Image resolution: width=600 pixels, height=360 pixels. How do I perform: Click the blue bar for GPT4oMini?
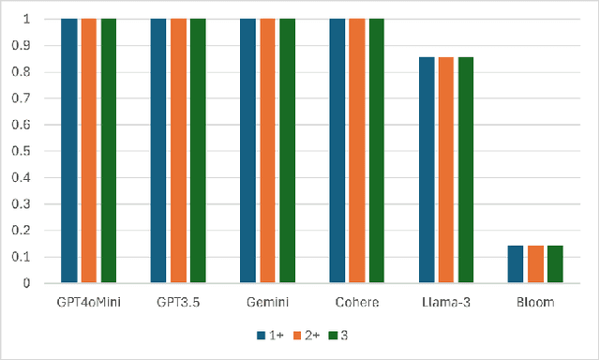coord(68,150)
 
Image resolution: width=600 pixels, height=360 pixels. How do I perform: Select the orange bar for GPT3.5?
coord(178,150)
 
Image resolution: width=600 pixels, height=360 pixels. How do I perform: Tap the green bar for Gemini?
coord(287,150)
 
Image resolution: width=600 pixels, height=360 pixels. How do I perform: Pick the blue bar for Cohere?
coord(337,150)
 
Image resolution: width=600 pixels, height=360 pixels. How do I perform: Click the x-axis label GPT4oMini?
coord(89,302)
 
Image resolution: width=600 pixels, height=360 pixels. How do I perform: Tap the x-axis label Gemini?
coord(267,302)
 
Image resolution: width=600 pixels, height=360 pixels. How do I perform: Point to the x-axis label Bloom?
coord(534,302)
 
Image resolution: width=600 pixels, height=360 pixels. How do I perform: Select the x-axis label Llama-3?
coord(445,302)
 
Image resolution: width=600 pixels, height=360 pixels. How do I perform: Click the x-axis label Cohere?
coord(356,302)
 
